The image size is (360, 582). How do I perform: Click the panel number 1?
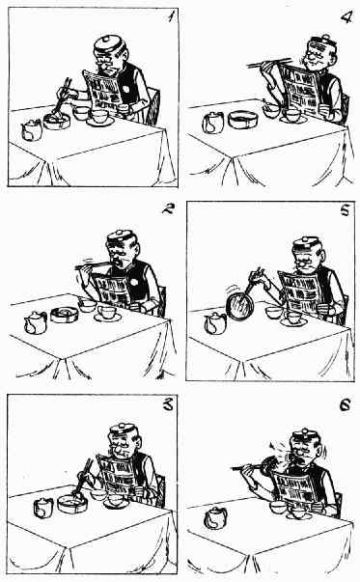(x=171, y=16)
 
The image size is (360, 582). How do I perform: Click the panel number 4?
(x=346, y=16)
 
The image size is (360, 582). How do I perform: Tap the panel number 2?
(x=168, y=209)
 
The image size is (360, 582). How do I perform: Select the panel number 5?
(x=345, y=210)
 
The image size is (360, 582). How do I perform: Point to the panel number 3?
(x=168, y=404)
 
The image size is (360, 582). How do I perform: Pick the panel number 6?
(x=345, y=405)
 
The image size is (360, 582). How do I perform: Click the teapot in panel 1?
(x=32, y=130)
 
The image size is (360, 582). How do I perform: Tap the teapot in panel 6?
(x=215, y=517)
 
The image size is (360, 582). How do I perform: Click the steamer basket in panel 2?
(x=65, y=315)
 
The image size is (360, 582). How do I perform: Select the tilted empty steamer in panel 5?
(x=239, y=305)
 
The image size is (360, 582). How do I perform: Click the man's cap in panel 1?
(x=109, y=45)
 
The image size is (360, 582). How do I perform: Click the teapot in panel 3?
(x=43, y=508)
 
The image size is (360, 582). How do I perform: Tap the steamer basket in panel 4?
(x=242, y=120)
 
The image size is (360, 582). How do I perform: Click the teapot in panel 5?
(x=215, y=322)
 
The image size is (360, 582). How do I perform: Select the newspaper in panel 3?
(x=118, y=476)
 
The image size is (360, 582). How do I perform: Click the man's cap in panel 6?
(x=305, y=437)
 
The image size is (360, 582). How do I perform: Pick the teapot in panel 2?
(x=36, y=322)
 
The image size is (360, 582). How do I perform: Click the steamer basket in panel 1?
(x=57, y=121)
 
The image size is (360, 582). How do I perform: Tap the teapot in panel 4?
(x=213, y=123)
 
